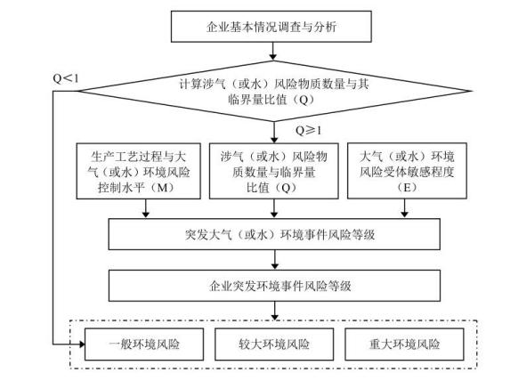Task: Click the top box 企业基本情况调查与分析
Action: (x=271, y=27)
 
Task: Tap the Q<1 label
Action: (x=66, y=78)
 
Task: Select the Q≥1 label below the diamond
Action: (x=308, y=131)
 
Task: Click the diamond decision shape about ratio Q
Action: (x=274, y=91)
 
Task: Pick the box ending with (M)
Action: (x=139, y=171)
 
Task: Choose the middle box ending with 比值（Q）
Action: (x=274, y=171)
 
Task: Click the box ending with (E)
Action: (x=408, y=171)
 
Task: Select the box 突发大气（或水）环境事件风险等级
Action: (x=274, y=234)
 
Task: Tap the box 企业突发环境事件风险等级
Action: (x=274, y=286)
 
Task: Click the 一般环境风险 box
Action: (x=144, y=344)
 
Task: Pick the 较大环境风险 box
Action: (x=274, y=344)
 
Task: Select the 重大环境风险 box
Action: (x=404, y=344)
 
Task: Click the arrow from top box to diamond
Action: (x=273, y=52)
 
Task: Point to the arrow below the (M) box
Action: (x=146, y=208)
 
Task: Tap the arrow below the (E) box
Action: (x=405, y=208)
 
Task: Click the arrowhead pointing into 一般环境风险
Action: (x=82, y=344)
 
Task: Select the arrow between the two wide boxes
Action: (x=275, y=260)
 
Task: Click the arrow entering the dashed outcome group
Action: (x=275, y=311)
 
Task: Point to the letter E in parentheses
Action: (x=407, y=188)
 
